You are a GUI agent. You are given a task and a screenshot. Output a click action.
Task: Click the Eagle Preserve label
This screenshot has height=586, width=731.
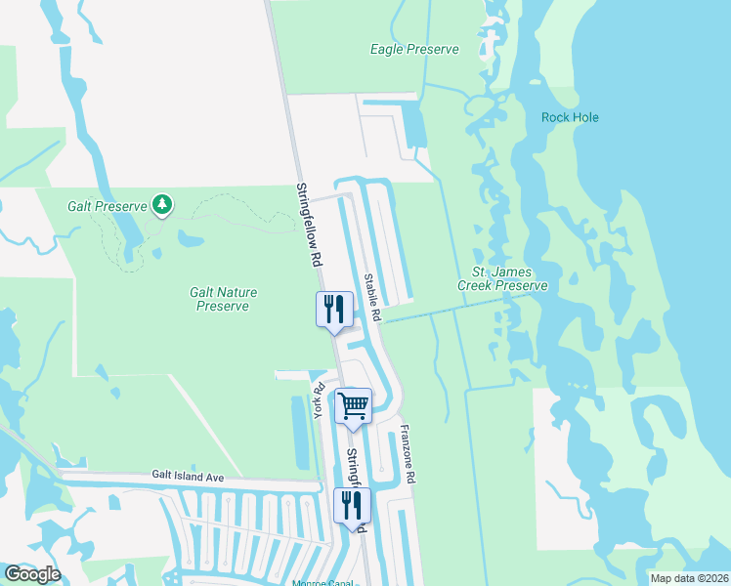[x=414, y=49]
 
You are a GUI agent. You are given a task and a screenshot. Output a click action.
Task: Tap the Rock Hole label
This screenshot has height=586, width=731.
[x=570, y=117]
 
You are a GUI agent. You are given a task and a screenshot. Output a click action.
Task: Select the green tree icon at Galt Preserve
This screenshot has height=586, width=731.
[x=163, y=205]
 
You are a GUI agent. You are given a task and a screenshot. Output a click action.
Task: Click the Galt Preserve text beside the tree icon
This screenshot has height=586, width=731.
[x=107, y=206]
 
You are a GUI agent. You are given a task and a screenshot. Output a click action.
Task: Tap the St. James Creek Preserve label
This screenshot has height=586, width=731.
[x=501, y=278]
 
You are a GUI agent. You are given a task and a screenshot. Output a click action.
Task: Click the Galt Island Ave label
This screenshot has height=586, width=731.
[x=188, y=476]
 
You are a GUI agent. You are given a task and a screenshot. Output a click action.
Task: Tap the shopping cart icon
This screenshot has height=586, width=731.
[x=353, y=404]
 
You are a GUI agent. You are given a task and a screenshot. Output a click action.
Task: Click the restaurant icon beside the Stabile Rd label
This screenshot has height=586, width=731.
[x=333, y=310]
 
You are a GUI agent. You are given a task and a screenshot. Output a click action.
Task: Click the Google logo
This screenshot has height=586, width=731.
[x=32, y=574]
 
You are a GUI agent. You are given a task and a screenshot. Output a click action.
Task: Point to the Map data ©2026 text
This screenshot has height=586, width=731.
[x=689, y=578]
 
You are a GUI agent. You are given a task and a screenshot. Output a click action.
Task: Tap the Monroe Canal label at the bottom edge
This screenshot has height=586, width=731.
[x=322, y=583]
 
